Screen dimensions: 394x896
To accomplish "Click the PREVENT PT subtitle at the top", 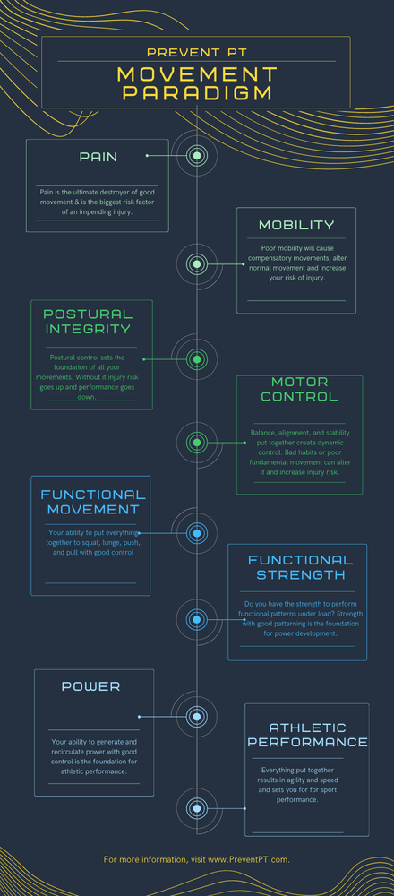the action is click(196, 53).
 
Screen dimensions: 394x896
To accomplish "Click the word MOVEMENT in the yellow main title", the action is click(197, 75).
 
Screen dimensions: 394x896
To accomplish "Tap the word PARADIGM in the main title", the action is click(197, 93).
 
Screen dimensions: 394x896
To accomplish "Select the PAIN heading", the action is click(98, 157).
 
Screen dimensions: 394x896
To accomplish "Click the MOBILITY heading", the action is click(296, 225).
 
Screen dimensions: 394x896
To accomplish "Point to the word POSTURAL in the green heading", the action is click(88, 314).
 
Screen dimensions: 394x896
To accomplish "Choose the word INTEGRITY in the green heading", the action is click(88, 329).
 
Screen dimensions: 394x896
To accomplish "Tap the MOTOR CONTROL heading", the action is click(300, 389).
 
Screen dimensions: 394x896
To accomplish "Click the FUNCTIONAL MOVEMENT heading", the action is click(93, 502).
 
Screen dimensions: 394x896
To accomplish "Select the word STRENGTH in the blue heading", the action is click(300, 574).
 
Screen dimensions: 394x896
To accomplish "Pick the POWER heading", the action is click(90, 687).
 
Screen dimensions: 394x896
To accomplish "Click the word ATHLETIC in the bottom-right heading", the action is click(308, 728).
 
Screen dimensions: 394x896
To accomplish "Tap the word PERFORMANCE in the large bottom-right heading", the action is click(308, 742).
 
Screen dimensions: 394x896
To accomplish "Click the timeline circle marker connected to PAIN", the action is click(197, 155).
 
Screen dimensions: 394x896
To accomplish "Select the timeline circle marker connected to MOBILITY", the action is click(197, 264).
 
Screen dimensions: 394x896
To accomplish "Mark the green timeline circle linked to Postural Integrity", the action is click(197, 359).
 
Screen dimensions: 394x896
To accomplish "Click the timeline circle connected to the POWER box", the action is click(197, 717).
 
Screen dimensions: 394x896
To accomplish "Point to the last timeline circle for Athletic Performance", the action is click(197, 808).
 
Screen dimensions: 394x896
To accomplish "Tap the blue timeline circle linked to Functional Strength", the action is click(197, 619).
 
